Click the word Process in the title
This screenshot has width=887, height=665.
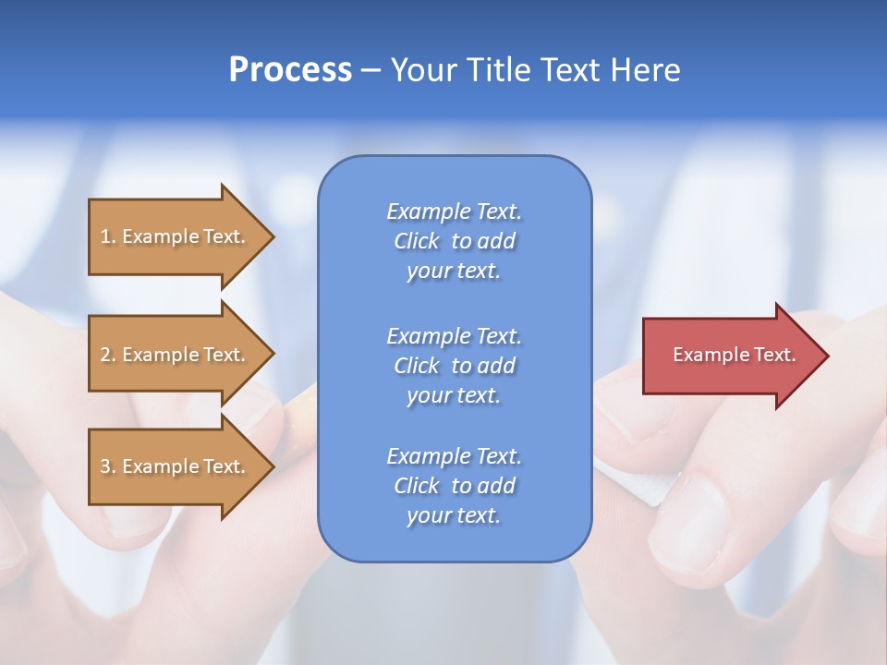click(290, 70)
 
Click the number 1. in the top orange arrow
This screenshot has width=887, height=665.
click(108, 236)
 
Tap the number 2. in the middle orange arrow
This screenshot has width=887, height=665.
click(108, 355)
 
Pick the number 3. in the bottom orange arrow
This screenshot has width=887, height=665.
click(108, 466)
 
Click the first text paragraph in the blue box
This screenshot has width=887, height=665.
click(454, 241)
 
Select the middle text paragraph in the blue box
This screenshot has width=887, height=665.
click(454, 366)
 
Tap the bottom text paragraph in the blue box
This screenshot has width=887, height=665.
click(454, 486)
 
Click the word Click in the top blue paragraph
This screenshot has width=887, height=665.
click(416, 241)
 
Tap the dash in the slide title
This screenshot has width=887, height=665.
click(371, 71)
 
